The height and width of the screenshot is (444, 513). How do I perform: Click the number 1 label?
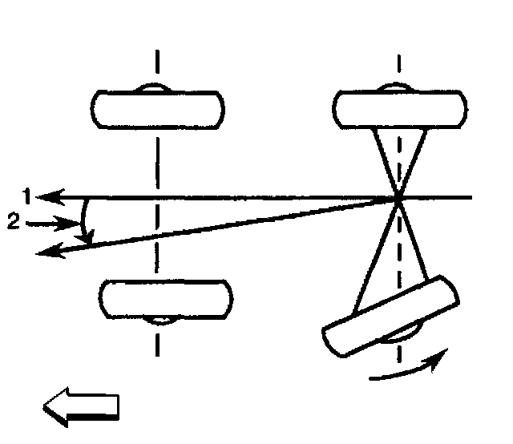pyautogui.click(x=26, y=195)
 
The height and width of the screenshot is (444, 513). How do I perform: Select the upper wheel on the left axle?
pyautogui.click(x=158, y=109)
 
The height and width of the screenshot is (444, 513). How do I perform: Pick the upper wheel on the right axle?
pyautogui.click(x=398, y=109)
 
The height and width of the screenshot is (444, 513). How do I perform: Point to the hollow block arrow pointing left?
pyautogui.click(x=81, y=406)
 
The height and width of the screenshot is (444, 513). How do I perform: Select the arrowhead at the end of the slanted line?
pyautogui.click(x=49, y=252)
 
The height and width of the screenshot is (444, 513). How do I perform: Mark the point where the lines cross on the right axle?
pyautogui.click(x=398, y=196)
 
